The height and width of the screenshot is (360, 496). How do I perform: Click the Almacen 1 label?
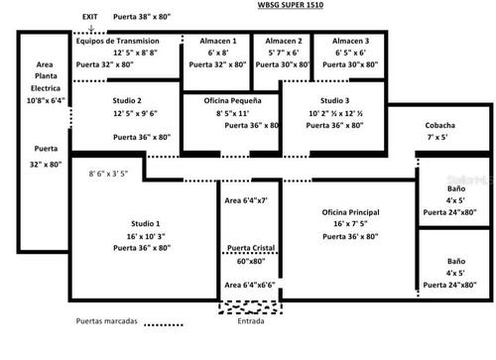pos(216,41)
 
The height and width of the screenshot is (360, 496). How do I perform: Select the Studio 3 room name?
pos(333,101)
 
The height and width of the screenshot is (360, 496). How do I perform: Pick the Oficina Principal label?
pos(355,212)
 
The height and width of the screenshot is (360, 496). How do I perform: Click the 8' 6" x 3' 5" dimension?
pos(109,174)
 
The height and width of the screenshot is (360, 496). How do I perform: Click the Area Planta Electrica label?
pos(44,74)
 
